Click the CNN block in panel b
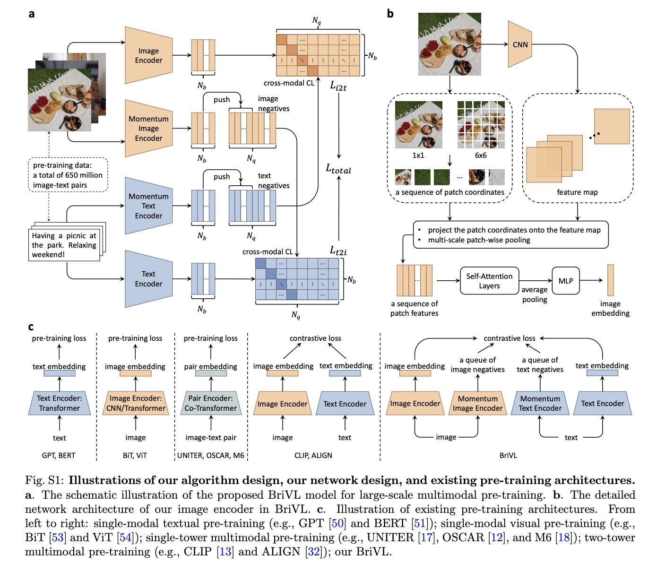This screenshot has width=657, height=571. point(520,44)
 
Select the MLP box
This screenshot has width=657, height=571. point(565,281)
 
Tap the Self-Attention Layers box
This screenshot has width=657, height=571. point(489,281)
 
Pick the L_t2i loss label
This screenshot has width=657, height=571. point(338,251)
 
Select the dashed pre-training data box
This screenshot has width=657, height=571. point(68,175)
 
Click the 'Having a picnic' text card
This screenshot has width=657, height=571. point(64,244)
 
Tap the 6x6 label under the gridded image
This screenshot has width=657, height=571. point(480,155)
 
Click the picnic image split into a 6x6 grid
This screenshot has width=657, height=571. point(480,124)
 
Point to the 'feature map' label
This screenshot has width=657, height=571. point(577,192)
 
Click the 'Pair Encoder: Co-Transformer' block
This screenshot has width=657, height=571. point(210,403)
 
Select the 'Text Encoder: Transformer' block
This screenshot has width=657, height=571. point(60,403)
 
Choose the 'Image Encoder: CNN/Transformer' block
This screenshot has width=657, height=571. point(135,403)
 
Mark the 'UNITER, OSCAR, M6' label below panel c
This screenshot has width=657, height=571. point(210,455)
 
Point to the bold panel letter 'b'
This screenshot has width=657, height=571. point(390,14)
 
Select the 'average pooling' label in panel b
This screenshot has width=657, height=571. point(535,294)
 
